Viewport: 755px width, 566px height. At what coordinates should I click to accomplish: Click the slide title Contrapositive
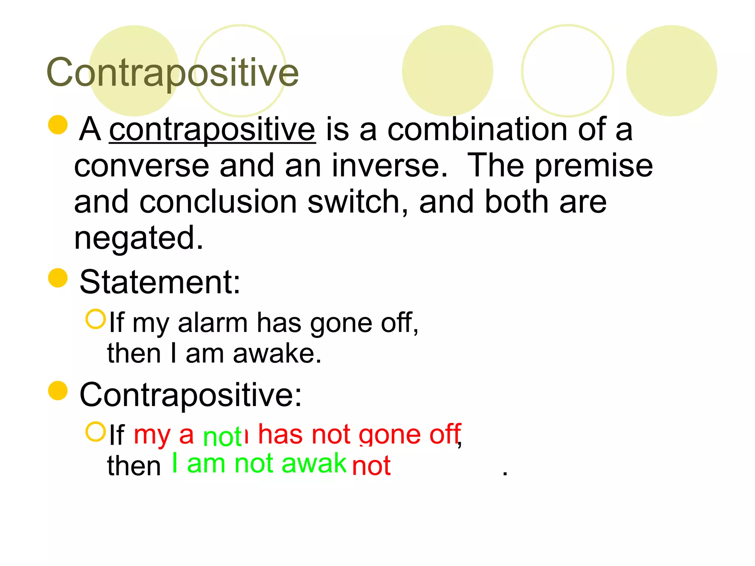(173, 73)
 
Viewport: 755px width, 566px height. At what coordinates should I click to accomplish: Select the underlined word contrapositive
(212, 130)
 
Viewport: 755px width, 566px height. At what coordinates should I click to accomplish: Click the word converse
(142, 166)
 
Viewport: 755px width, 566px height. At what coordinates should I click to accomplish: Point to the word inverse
(389, 166)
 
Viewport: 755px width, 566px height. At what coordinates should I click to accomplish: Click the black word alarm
(213, 323)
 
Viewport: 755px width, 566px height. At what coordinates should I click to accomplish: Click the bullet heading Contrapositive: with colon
(191, 395)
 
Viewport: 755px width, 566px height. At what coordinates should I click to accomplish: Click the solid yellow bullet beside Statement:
(58, 278)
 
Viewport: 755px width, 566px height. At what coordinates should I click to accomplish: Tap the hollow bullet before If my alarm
(96, 319)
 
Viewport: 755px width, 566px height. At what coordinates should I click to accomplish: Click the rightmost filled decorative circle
(671, 71)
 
